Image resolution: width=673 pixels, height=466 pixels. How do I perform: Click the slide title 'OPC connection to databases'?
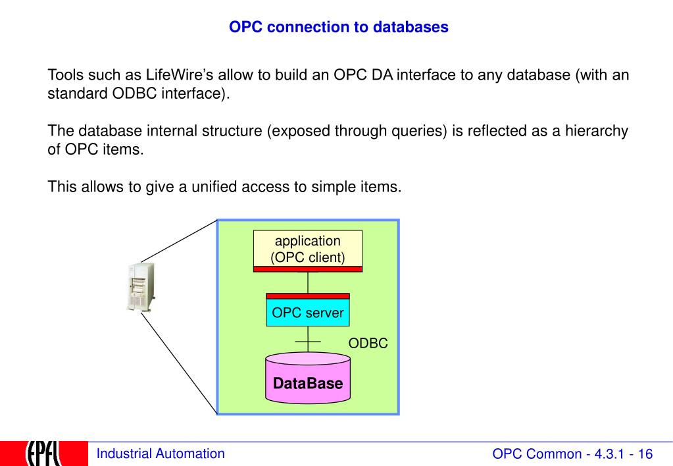(338, 28)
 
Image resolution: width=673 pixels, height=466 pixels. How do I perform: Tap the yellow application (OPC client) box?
(308, 249)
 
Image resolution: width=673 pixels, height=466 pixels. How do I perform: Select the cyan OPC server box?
(308, 313)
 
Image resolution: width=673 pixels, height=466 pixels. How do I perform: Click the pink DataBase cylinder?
(308, 382)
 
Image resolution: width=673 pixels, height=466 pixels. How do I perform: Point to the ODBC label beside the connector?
(368, 344)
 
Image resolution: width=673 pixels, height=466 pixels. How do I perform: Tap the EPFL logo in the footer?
(44, 453)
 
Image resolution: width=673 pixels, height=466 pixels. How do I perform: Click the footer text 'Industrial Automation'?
(160, 453)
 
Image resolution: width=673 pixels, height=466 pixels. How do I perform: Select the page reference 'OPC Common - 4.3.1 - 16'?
(572, 453)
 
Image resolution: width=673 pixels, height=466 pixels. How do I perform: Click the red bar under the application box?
(308, 269)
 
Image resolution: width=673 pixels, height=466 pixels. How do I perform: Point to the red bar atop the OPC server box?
(308, 296)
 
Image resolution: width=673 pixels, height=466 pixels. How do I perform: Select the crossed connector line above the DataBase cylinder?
(308, 342)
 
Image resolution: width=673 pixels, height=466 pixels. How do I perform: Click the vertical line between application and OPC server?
(308, 282)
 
